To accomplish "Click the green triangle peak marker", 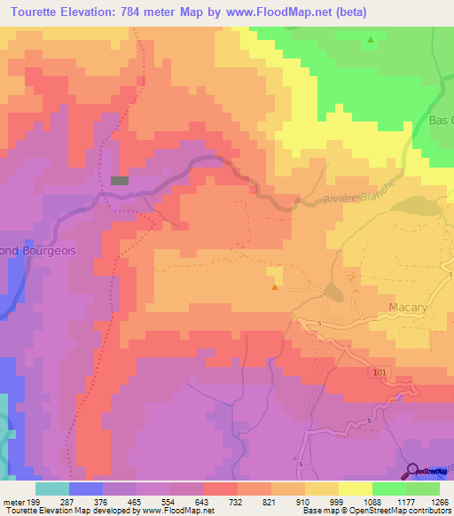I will pyautogui.click(x=371, y=40).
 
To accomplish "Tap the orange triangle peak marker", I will pyautogui.click(x=275, y=286).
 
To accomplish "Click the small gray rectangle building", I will pyautogui.click(x=120, y=181).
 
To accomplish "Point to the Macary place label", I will pyautogui.click(x=408, y=308).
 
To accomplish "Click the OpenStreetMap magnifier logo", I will pyautogui.click(x=413, y=471).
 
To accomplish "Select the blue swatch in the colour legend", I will pyautogui.click(x=85, y=489).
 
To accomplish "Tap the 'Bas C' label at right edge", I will pyautogui.click(x=441, y=120).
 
